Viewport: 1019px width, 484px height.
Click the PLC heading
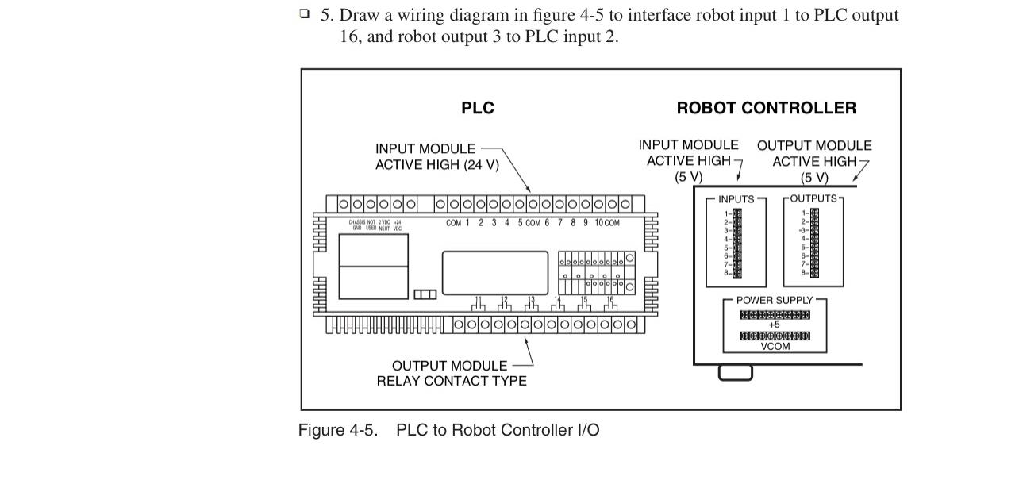pyautogui.click(x=477, y=109)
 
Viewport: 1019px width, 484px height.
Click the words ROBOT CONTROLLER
pyautogui.click(x=766, y=109)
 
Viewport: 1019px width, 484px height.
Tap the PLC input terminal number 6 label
pyautogui.click(x=547, y=223)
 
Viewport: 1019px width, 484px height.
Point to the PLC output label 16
pyautogui.click(x=609, y=300)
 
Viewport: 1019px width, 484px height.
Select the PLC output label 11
pyautogui.click(x=478, y=300)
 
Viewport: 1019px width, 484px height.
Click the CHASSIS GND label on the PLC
pyautogui.click(x=357, y=225)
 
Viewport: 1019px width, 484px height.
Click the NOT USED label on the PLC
pyautogui.click(x=371, y=225)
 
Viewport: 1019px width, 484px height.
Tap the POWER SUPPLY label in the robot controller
pyautogui.click(x=775, y=301)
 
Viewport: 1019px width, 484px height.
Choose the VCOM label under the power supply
pyautogui.click(x=775, y=346)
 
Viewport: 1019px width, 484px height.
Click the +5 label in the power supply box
pyautogui.click(x=775, y=325)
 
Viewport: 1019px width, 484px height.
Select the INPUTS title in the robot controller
pyautogui.click(x=736, y=199)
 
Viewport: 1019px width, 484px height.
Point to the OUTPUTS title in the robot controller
pyautogui.click(x=813, y=198)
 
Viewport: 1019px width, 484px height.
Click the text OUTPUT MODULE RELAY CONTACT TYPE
pyautogui.click(x=451, y=373)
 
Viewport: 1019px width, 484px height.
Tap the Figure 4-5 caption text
pyautogui.click(x=448, y=430)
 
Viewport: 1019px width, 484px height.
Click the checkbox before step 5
pyautogui.click(x=305, y=14)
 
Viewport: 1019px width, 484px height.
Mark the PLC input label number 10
pyautogui.click(x=599, y=223)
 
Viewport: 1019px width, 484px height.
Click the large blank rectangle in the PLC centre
pyautogui.click(x=494, y=272)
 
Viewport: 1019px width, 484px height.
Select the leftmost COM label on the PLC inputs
pyautogui.click(x=453, y=223)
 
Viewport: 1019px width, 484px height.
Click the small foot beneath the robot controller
pyautogui.click(x=735, y=372)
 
